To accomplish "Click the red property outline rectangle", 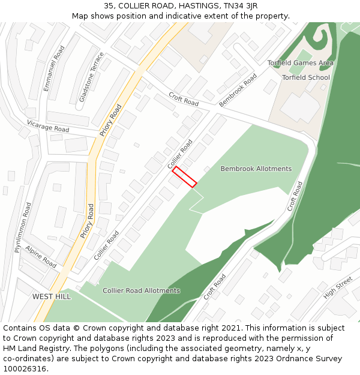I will tap(185, 177).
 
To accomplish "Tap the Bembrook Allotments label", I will tap(256, 169).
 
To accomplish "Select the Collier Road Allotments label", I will tap(141, 290).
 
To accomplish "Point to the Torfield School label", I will tap(306, 77).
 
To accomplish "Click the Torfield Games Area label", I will tap(301, 63).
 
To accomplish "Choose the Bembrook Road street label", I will tap(238, 90).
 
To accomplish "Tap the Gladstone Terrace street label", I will tap(92, 77).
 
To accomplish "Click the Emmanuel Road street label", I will tap(53, 68).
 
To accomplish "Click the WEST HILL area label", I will tap(52, 296).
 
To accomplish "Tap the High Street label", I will tap(338, 291).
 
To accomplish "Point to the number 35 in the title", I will tap(109, 5).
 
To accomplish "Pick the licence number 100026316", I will tap(25, 369).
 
